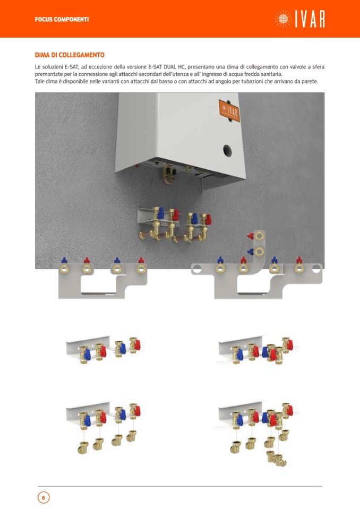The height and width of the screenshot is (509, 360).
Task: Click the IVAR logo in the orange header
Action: pyautogui.click(x=299, y=19)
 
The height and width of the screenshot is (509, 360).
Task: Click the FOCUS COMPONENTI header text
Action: pyautogui.click(x=62, y=20)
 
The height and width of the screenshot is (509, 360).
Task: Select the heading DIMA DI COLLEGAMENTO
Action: pyautogui.click(x=70, y=55)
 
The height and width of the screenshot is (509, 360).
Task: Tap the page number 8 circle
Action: pyautogui.click(x=44, y=497)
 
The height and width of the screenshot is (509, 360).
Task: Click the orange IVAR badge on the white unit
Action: pyautogui.click(x=229, y=111)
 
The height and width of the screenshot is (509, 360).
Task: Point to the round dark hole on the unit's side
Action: pyautogui.click(x=227, y=150)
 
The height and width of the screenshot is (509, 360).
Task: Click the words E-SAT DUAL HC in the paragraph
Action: pyautogui.click(x=166, y=67)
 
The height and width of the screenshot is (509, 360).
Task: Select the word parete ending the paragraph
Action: pyautogui.click(x=310, y=82)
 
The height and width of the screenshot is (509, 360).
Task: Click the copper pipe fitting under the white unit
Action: pyautogui.click(x=168, y=172)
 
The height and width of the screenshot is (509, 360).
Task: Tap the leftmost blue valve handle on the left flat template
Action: pyautogui.click(x=64, y=260)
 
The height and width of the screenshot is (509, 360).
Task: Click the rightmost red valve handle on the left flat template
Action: pyautogui.click(x=141, y=260)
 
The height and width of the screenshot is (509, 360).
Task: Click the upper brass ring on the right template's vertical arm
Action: pyautogui.click(x=259, y=236)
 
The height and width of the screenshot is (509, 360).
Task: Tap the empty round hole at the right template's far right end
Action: pyautogui.click(x=316, y=269)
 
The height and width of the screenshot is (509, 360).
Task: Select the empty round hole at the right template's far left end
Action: pyautogui.click(x=197, y=269)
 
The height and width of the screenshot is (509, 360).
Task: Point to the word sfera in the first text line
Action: pyautogui.click(x=318, y=67)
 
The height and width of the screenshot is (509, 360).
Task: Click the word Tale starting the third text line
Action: pyautogui.click(x=40, y=82)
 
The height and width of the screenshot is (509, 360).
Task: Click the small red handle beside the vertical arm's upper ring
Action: pyautogui.click(x=250, y=235)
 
